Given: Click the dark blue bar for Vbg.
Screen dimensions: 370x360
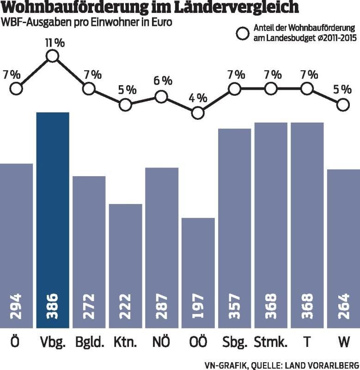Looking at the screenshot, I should (53, 217).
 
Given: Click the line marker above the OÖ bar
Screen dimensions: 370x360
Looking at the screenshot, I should (198, 112).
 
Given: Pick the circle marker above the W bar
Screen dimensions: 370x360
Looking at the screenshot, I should (342, 105).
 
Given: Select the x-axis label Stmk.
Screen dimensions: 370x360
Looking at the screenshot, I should (271, 343).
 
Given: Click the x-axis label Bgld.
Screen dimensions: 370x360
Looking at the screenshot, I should (89, 343).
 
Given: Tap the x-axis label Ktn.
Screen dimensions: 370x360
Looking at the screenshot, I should (125, 343).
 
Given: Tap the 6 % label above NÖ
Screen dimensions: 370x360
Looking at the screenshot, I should (162, 80).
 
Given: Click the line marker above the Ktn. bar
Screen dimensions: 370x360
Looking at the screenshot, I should (125, 105).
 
